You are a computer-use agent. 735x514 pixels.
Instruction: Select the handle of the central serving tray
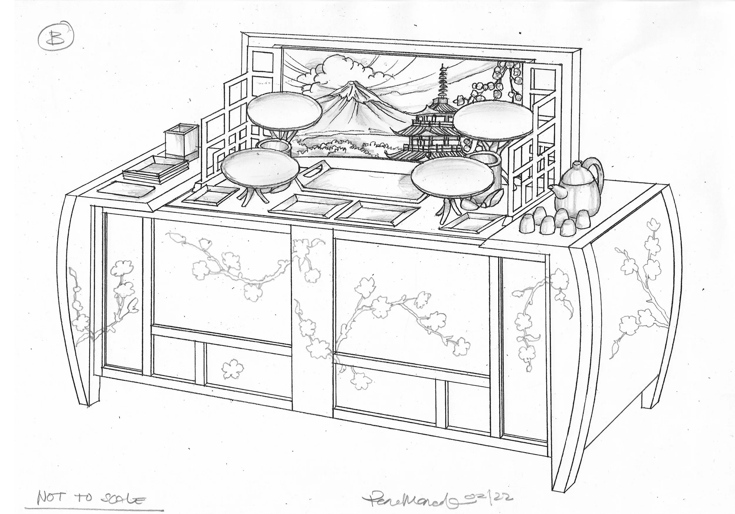[x=316, y=170]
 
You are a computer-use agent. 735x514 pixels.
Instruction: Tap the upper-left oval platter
[x=284, y=111]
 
